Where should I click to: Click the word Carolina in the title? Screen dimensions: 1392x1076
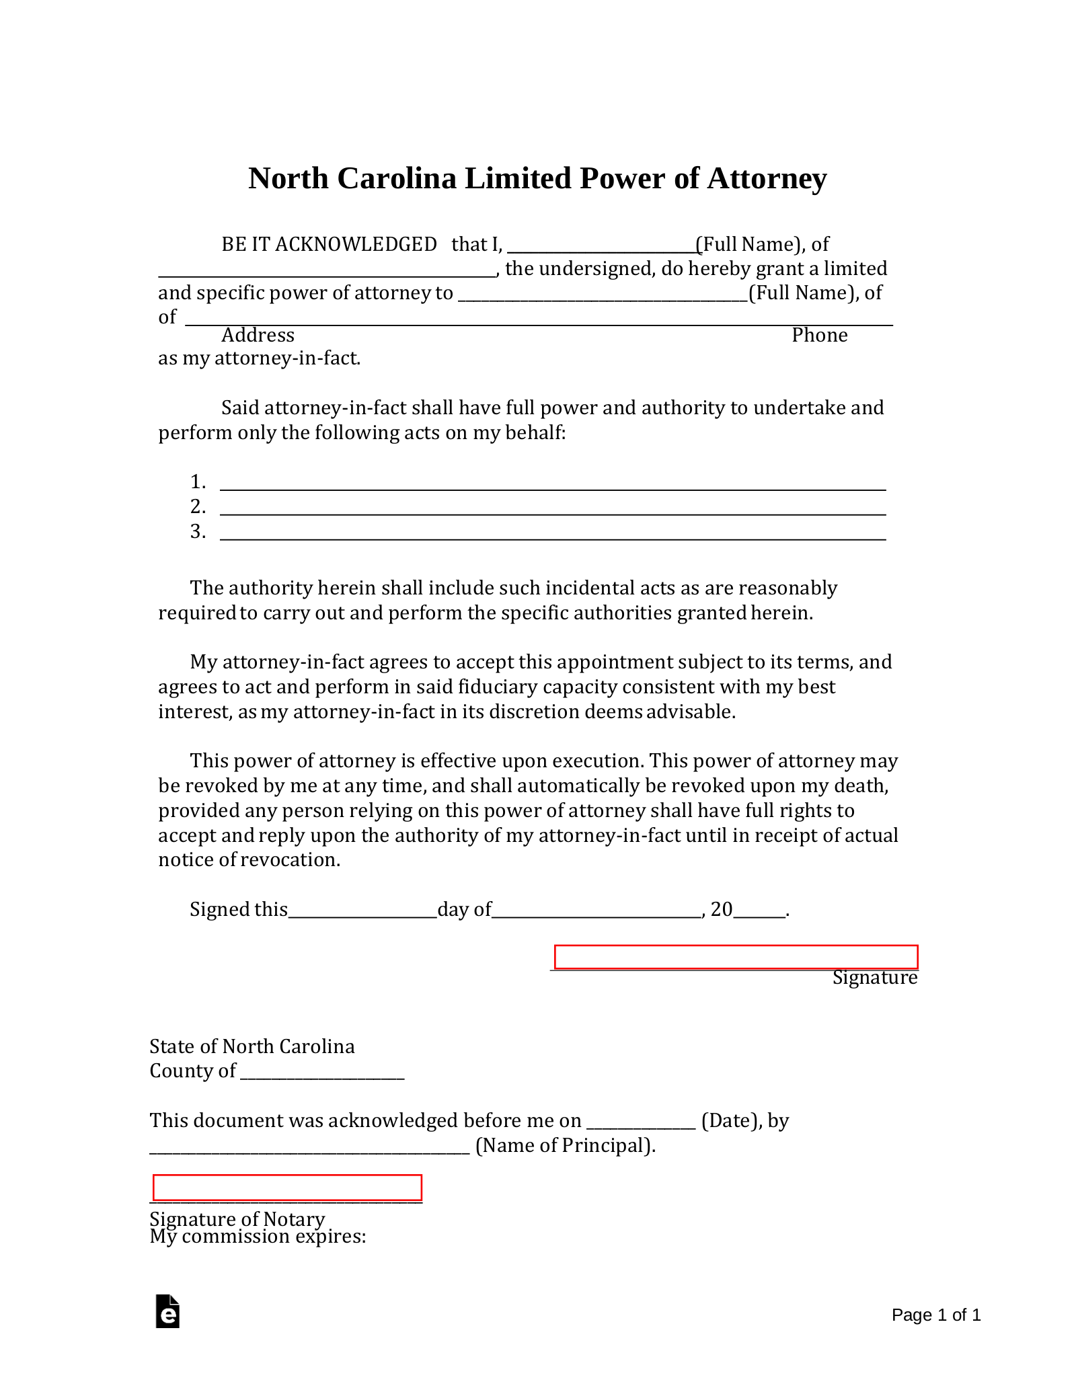tap(396, 179)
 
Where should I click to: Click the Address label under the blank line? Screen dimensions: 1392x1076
tap(258, 335)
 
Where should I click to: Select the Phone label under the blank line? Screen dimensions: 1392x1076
tap(819, 335)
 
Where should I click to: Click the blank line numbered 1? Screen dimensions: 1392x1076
tap(552, 486)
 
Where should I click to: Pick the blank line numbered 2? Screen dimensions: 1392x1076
tap(552, 510)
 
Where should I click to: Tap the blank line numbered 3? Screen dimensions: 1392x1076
tap(552, 535)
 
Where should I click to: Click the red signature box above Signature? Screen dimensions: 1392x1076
tap(736, 957)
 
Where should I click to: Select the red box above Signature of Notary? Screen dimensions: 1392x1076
tap(287, 1188)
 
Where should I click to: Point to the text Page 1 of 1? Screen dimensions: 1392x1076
tap(935, 1315)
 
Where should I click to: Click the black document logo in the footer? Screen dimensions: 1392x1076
tap(167, 1311)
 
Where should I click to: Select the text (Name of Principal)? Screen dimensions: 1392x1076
tap(565, 1145)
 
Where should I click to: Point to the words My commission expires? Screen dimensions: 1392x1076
tap(258, 1236)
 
